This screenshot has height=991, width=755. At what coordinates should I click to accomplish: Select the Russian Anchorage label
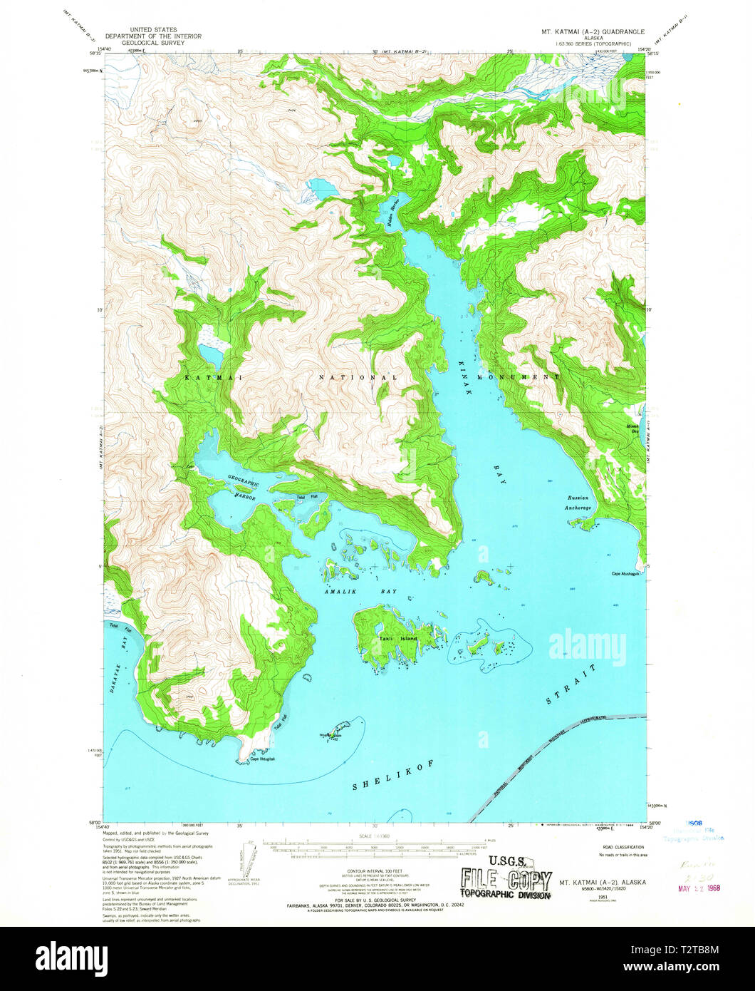point(578,502)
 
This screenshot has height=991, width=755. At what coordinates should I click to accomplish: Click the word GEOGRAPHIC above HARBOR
point(244,482)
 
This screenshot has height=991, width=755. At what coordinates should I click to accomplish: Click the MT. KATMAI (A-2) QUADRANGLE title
point(601,32)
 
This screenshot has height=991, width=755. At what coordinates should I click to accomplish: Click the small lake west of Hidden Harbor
point(322,189)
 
